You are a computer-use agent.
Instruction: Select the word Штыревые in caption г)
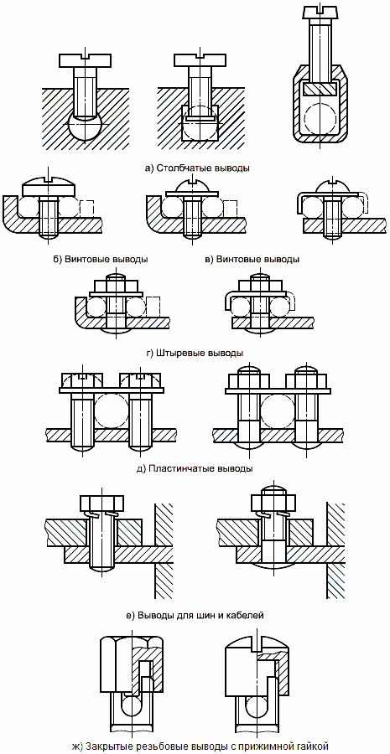(181, 353)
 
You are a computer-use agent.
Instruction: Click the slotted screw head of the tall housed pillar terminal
(318, 14)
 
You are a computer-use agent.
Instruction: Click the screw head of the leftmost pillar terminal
(86, 59)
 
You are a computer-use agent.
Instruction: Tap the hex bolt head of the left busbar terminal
(101, 502)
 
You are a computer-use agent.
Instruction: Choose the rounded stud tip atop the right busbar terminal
(273, 488)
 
